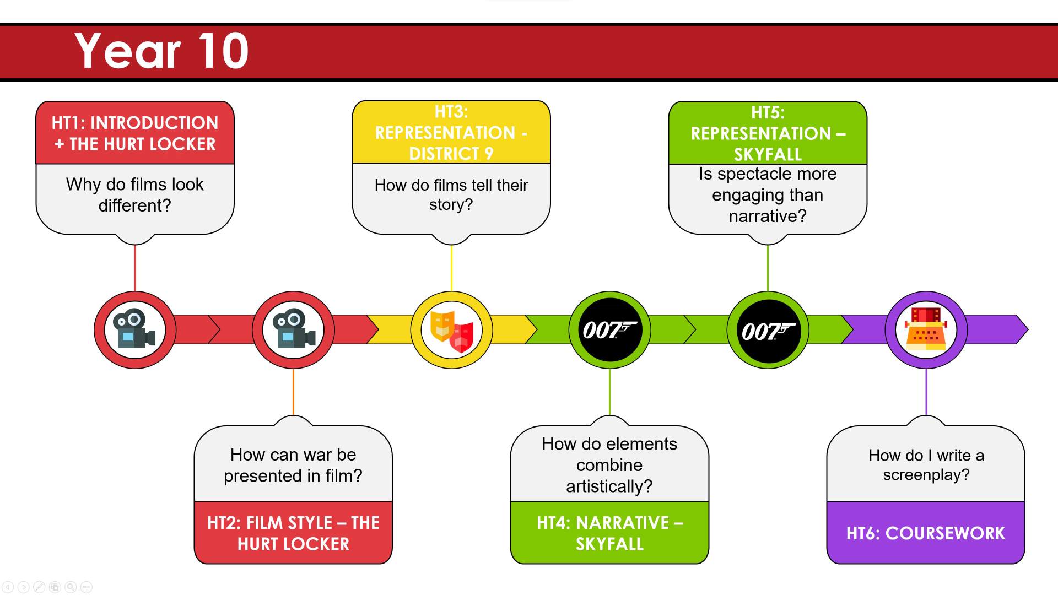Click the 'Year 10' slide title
(161, 51)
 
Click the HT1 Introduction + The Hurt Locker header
(135, 133)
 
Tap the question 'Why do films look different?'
(135, 194)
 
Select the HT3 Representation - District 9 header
(451, 133)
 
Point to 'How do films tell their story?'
(451, 194)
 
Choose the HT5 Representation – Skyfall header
(768, 133)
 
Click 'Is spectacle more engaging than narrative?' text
(768, 195)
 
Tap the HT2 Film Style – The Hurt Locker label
(293, 533)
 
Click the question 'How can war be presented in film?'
(293, 465)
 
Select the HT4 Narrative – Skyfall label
(609, 533)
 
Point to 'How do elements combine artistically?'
(609, 465)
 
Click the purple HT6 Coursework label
(926, 533)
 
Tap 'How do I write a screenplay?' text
(926, 465)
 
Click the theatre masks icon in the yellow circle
(452, 331)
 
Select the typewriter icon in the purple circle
(926, 329)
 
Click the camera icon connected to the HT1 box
(134, 329)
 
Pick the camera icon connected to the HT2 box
(293, 329)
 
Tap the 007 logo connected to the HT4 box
(609, 330)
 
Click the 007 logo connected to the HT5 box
(768, 330)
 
